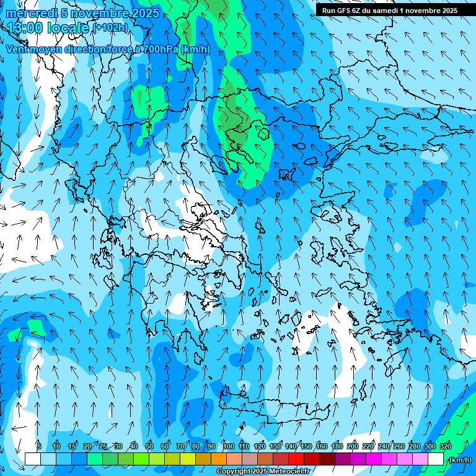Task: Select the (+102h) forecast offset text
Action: point(110,28)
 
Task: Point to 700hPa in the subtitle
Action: point(161,49)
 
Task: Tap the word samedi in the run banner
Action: point(383,11)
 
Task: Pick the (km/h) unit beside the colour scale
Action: point(459,460)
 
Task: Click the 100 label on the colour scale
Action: point(228,446)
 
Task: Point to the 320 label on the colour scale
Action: point(446,446)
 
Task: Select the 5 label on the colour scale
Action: point(39,446)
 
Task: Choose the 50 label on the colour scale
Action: point(149,446)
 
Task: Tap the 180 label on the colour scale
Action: point(337,446)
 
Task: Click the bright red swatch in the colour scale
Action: point(296,459)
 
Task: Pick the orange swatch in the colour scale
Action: point(219,459)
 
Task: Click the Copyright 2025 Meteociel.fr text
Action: point(263,472)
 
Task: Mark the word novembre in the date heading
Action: point(100,13)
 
